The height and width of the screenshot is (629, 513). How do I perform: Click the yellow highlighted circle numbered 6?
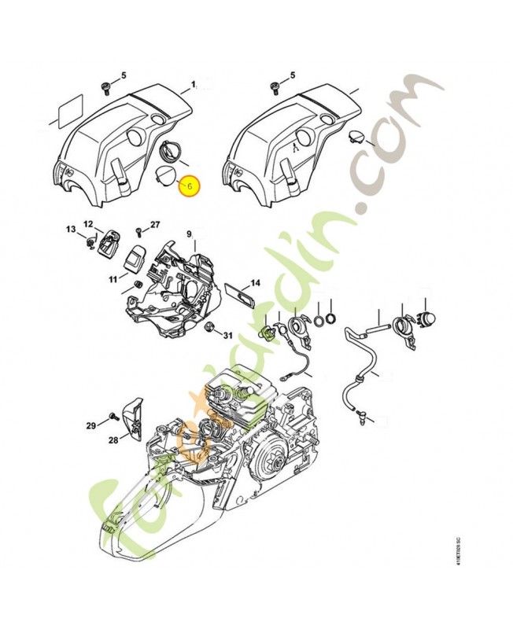click(190, 186)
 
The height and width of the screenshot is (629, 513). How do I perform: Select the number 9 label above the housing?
click(189, 234)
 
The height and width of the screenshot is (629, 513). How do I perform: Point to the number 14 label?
click(255, 283)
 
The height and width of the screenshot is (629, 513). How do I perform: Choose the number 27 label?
click(155, 225)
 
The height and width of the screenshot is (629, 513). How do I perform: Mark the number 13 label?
click(70, 230)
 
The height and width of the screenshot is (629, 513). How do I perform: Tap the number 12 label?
click(88, 223)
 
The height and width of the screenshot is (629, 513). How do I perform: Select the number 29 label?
click(90, 425)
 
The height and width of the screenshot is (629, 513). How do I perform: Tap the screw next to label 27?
click(139, 232)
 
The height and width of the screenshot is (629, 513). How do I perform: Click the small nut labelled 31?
click(209, 326)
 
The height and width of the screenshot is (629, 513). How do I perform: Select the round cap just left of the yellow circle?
click(166, 174)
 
